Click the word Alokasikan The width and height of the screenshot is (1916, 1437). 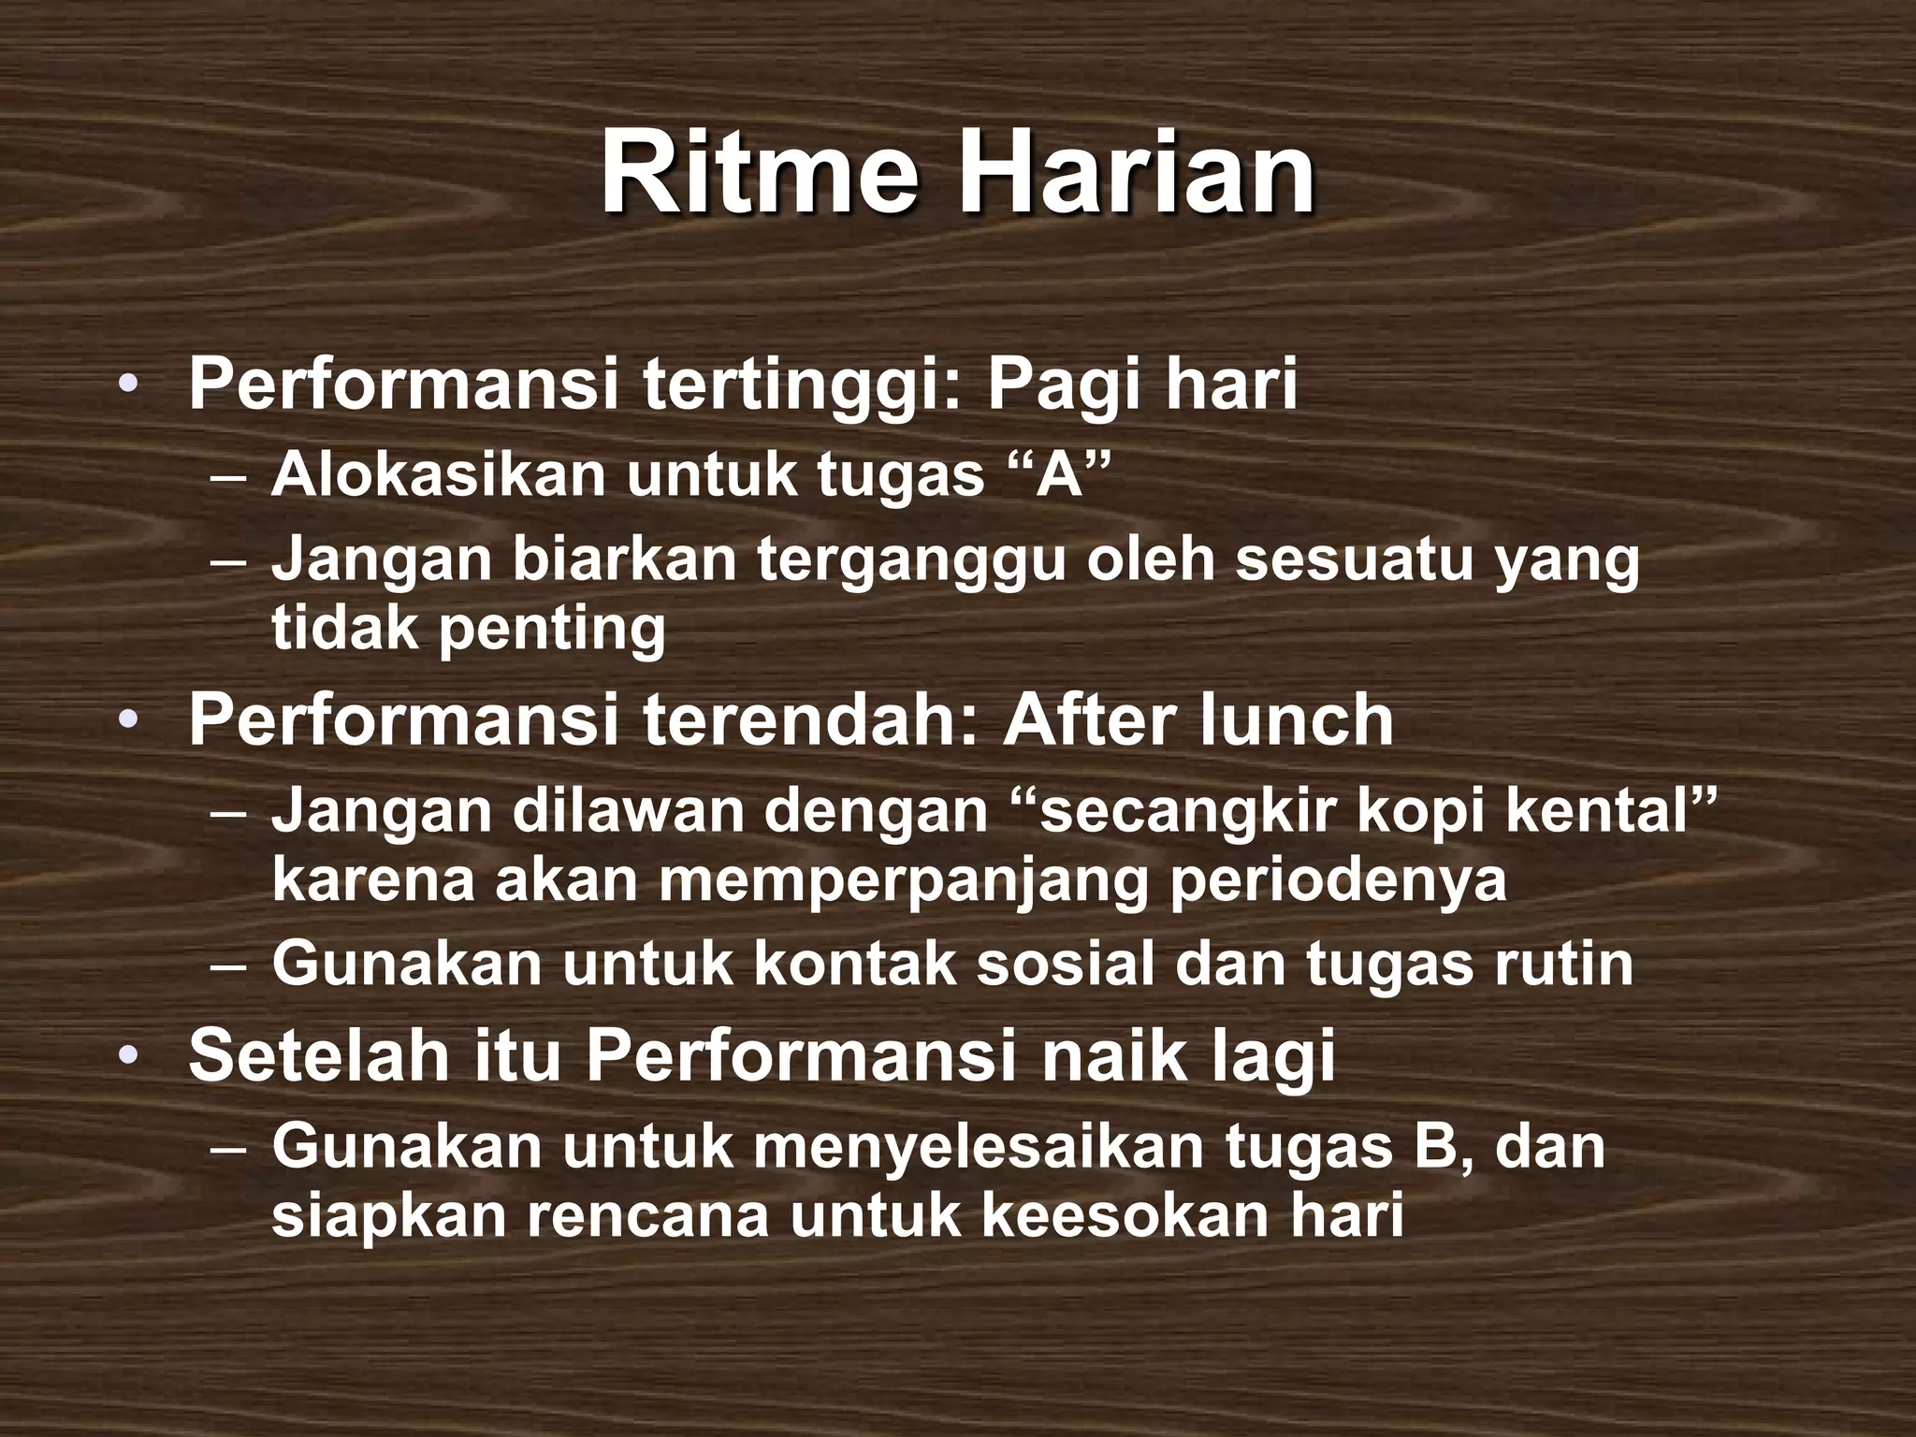click(x=440, y=474)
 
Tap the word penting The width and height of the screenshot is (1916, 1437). click(x=552, y=630)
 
